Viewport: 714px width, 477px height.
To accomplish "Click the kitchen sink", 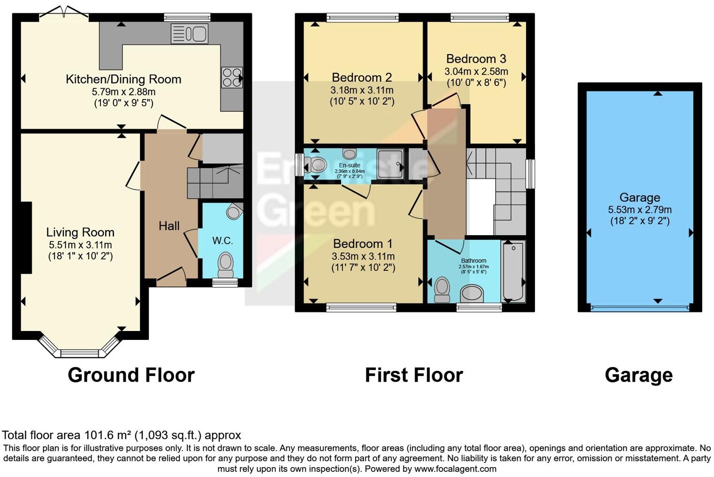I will coord(190,34).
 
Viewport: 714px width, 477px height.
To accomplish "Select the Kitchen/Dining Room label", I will coord(124,79).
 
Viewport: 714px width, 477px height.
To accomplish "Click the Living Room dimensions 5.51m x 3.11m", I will coord(80,245).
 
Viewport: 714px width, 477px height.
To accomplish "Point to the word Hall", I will coord(169,226).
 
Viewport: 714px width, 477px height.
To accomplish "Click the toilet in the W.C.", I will coord(226,264).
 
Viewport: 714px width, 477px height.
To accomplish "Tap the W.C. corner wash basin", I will coord(234,211).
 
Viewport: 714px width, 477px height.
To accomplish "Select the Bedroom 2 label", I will coord(362,77).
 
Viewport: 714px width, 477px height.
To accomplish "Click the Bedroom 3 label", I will coord(476,59).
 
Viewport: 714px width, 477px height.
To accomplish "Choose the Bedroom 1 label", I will coord(363,244).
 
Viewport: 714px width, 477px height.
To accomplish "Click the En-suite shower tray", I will coord(390,164).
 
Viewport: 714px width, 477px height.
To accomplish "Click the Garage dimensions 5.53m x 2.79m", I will coord(640,210).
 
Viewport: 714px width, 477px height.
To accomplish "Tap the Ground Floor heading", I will coord(131,375).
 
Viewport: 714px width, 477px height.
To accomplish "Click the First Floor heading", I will coord(414,375).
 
